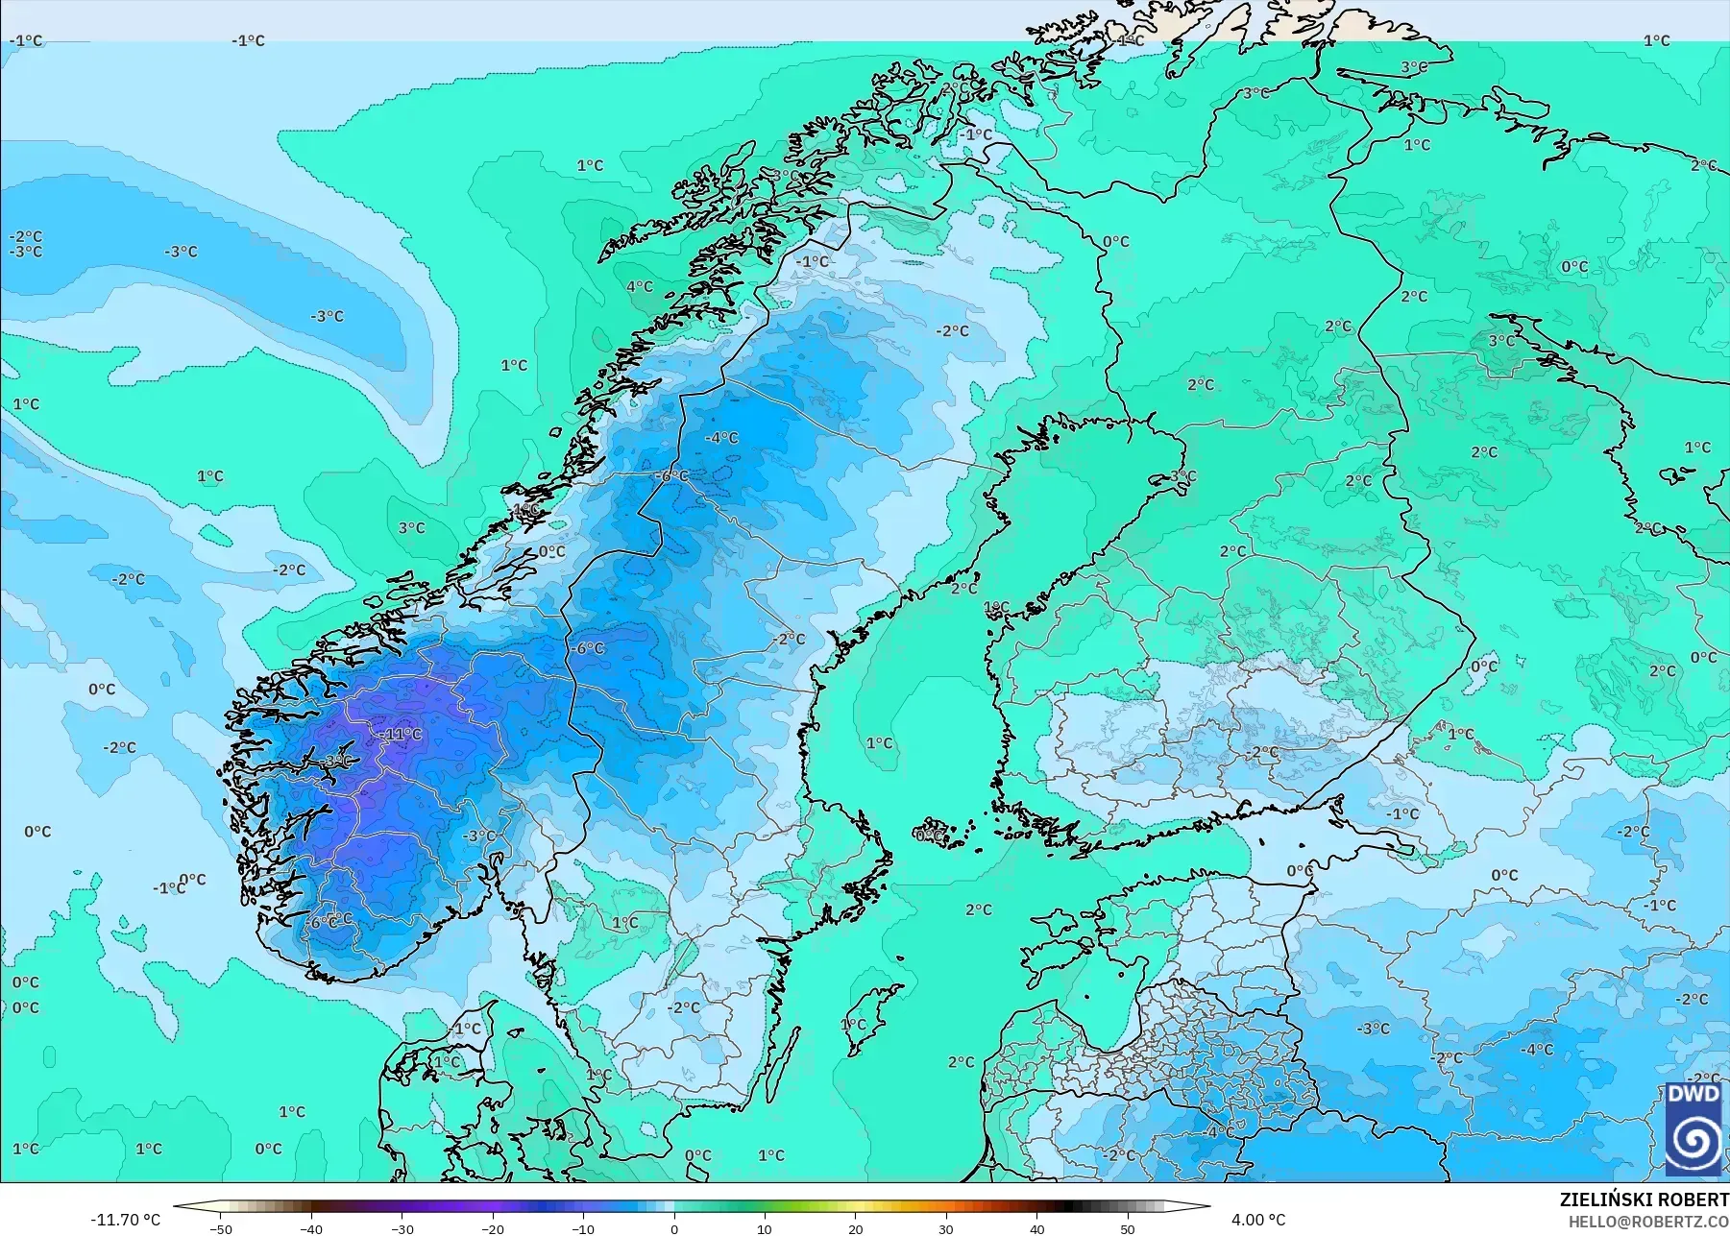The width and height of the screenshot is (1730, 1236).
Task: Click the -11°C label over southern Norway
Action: pyautogui.click(x=401, y=735)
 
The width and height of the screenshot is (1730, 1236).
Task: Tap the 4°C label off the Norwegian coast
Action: pyautogui.click(x=639, y=286)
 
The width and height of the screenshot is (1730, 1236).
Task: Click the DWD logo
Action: pyautogui.click(x=1693, y=1129)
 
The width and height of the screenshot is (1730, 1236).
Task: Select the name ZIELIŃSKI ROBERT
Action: pyautogui.click(x=1644, y=1200)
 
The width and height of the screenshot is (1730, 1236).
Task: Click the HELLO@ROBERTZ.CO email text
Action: pyautogui.click(x=1648, y=1222)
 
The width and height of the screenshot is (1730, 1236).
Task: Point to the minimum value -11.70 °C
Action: pyautogui.click(x=125, y=1220)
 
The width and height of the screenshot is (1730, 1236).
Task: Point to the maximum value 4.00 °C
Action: pyautogui.click(x=1257, y=1220)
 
